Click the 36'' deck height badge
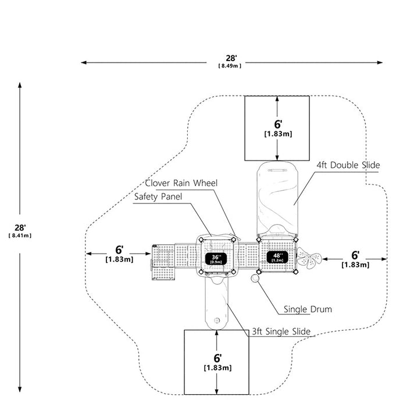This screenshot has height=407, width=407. tap(216, 259)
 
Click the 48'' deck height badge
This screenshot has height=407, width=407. tap(277, 257)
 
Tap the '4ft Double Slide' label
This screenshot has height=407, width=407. tap(348, 165)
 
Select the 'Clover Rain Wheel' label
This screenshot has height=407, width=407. tap(181, 183)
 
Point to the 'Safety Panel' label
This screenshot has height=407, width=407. tap(158, 197)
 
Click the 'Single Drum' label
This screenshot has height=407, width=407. tap(308, 309)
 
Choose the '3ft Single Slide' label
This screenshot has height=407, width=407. tap(281, 331)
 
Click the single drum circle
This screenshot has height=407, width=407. tap(255, 279)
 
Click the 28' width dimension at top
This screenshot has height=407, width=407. tap(231, 58)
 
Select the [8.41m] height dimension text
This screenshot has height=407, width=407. tap(20, 235)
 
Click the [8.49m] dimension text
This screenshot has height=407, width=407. tap(230, 66)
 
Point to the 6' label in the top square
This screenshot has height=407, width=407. tap(278, 124)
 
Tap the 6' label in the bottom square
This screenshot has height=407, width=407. tap(217, 358)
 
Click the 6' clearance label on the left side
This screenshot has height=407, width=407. tap(119, 250)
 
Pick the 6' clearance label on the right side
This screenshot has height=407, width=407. tap(355, 255)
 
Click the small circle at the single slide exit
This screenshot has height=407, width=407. tap(217, 320)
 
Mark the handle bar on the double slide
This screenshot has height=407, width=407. tap(277, 170)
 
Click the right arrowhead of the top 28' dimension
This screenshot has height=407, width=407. tap(380, 63)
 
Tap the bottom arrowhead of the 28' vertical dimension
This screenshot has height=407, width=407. tap(20, 390)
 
